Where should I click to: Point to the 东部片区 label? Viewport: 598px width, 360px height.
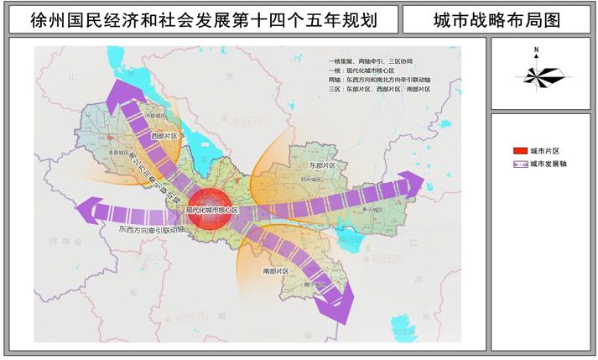[x=322, y=166]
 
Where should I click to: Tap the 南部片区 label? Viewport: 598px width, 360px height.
[x=275, y=272]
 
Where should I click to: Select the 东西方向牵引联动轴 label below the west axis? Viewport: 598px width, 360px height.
[x=152, y=228]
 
